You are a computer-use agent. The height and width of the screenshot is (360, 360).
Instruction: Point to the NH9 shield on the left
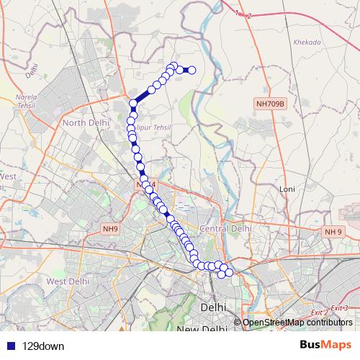tap(109, 229)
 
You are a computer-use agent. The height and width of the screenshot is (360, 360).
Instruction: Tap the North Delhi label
tap(85, 123)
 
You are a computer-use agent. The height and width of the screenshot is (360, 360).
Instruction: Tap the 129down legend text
tap(43, 346)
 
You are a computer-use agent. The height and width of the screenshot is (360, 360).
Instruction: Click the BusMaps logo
tap(325, 345)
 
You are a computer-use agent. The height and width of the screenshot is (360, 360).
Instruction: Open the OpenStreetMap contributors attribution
tap(297, 322)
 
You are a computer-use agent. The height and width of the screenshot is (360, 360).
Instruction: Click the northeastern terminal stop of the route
tap(192, 70)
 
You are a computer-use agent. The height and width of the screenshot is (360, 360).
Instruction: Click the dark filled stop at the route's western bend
tap(133, 104)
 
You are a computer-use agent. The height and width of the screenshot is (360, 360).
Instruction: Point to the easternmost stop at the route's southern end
tap(229, 271)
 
